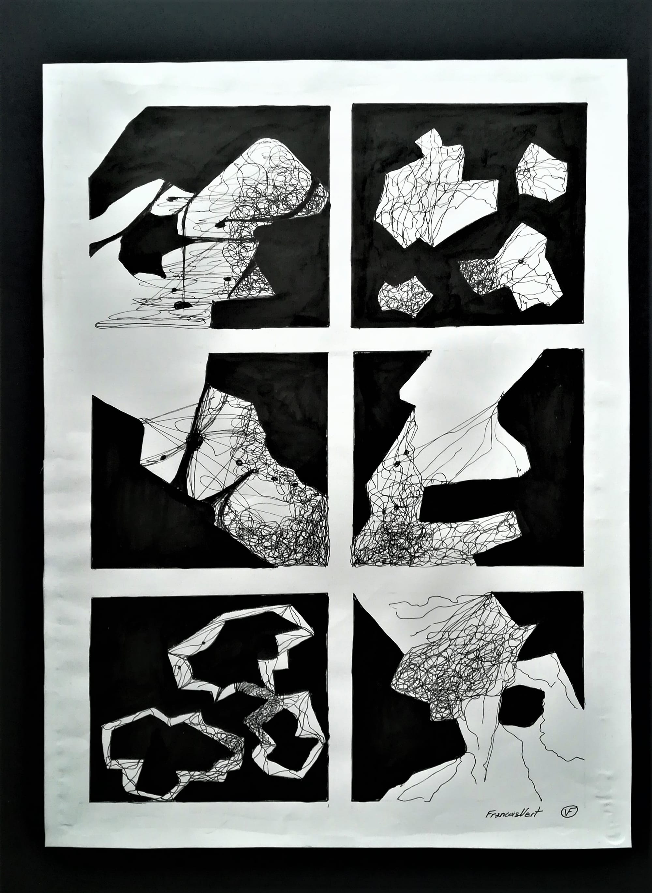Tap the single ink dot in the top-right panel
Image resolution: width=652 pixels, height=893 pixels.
pos(521,262)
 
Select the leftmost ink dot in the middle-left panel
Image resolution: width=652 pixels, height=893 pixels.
pos(162,458)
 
